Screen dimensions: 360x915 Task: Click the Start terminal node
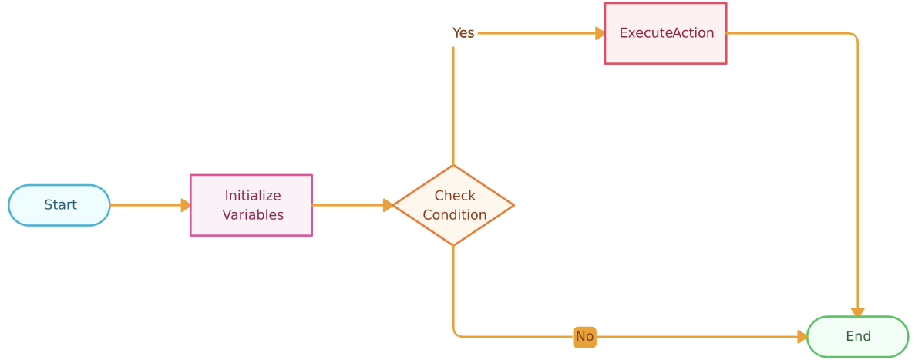(59, 205)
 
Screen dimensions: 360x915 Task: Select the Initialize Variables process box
(251, 205)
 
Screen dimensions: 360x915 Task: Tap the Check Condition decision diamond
(453, 205)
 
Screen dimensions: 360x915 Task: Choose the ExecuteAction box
(665, 33)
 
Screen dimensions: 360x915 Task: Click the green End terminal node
(857, 336)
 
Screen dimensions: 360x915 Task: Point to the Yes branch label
(463, 33)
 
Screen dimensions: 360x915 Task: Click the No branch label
(584, 337)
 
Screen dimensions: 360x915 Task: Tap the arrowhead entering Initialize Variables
(186, 205)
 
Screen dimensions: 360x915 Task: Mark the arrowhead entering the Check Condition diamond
(388, 205)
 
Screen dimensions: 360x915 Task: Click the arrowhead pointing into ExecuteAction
(600, 33)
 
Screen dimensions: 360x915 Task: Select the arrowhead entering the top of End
(857, 312)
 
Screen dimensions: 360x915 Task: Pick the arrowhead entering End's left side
(802, 337)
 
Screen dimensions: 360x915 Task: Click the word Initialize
(253, 195)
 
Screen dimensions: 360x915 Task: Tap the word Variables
(253, 215)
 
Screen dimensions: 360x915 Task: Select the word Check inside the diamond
(455, 195)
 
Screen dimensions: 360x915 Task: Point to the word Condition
(455, 215)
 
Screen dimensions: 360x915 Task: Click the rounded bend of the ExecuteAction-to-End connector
(854, 36)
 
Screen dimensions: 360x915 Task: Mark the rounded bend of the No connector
(456, 334)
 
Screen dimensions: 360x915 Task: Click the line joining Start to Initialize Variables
(146, 205)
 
